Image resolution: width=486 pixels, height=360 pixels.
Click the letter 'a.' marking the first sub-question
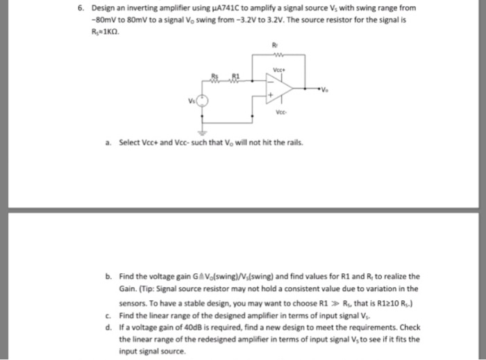coord(109,144)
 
